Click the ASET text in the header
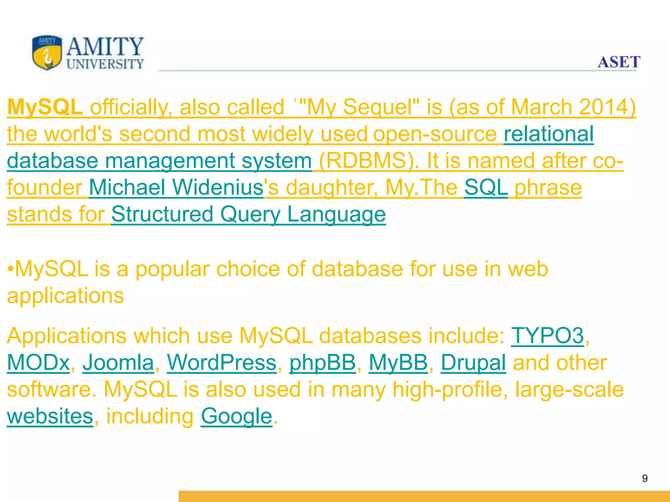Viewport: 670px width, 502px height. pos(619,62)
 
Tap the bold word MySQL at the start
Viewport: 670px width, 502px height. pos(45,107)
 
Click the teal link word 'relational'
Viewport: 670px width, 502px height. pos(549,134)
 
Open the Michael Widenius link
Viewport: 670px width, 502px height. pos(176,188)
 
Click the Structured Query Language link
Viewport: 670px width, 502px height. pos(248,214)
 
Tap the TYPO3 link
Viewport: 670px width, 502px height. pos(547,336)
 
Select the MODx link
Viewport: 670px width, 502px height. pos(39,363)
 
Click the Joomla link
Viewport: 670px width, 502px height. pos(118,363)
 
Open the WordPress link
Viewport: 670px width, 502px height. pos(222,363)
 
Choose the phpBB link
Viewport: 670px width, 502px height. pos(323,363)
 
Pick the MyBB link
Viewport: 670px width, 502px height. pos(398,363)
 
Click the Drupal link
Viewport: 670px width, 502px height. pos(473,363)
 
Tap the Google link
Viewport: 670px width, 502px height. pos(236,416)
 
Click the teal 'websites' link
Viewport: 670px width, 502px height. pos(50,416)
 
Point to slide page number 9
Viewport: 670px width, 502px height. pos(644,478)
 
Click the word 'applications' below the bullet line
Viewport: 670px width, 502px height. pos(65,296)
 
